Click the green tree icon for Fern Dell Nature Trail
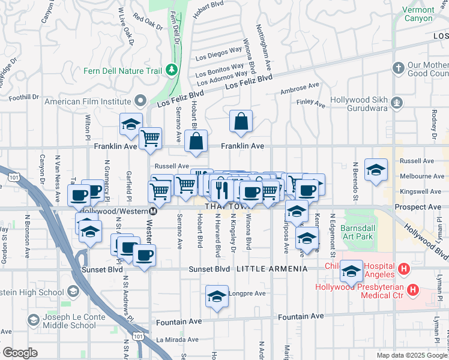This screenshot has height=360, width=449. pyautogui.click(x=172, y=70)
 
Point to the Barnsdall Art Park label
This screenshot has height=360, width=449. pyautogui.click(x=357, y=232)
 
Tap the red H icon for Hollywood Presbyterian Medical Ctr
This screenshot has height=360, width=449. pyautogui.click(x=412, y=290)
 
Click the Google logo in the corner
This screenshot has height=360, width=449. pyautogui.click(x=20, y=352)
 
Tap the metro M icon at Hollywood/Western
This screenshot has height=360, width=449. pyautogui.click(x=154, y=211)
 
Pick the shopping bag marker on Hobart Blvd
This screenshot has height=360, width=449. pyautogui.click(x=196, y=142)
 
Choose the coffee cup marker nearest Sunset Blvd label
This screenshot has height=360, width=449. pyautogui.click(x=144, y=255)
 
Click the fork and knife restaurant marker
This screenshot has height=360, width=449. pyautogui.click(x=222, y=190)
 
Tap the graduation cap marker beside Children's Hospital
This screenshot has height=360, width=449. pyautogui.click(x=351, y=271)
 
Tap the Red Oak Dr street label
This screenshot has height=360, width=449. pyautogui.click(x=148, y=22)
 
